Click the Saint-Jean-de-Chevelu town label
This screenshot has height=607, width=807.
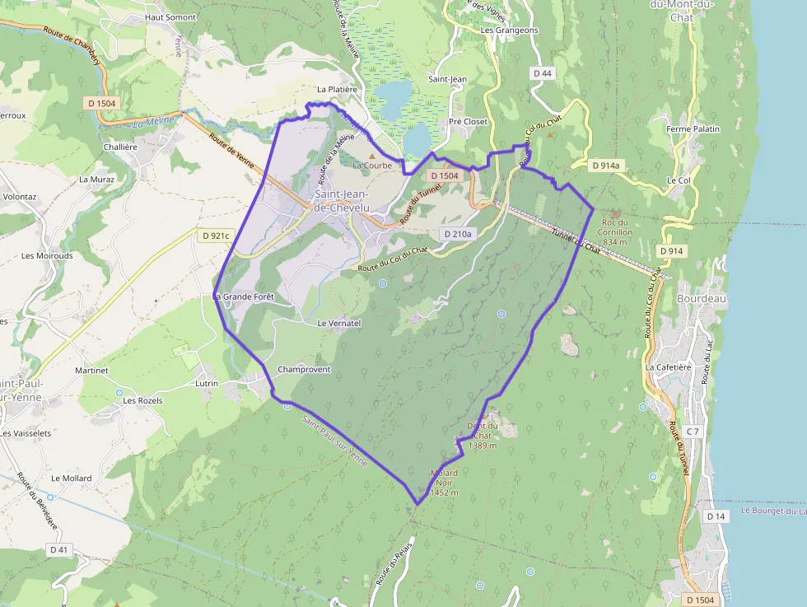click(x=342, y=200)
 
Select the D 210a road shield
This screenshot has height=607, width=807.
click(x=458, y=234)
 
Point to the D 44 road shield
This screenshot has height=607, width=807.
click(x=543, y=73)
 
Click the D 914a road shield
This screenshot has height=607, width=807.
click(x=605, y=166)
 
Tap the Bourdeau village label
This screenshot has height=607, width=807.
click(x=702, y=298)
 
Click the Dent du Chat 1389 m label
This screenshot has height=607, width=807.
click(x=483, y=436)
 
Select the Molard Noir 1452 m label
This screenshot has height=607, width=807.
click(x=444, y=483)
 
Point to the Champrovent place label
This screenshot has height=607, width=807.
click(x=304, y=369)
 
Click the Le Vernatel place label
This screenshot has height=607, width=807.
click(x=339, y=324)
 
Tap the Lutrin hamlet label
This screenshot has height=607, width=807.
click(x=207, y=384)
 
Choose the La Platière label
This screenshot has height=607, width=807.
click(x=337, y=89)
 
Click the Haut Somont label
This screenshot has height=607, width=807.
click(x=170, y=16)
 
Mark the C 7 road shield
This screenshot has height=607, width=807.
click(x=693, y=432)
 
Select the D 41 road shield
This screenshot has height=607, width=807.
click(x=58, y=549)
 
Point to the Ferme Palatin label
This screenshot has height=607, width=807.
click(x=693, y=128)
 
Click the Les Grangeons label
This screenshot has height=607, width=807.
click(x=509, y=30)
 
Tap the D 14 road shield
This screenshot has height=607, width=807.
click(x=716, y=516)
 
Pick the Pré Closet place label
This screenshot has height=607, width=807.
click(x=468, y=122)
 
